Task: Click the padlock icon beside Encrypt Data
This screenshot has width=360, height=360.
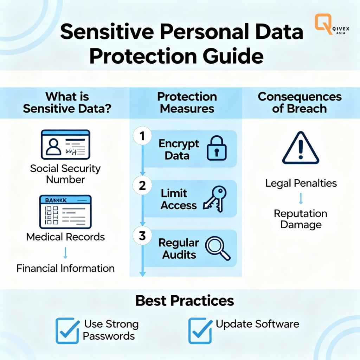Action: pos(216,149)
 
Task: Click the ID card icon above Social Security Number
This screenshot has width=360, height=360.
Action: pos(65,144)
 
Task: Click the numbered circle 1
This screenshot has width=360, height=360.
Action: pos(142,137)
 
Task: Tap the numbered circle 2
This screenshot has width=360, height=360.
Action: pos(142,186)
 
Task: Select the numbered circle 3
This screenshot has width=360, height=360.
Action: pos(142,236)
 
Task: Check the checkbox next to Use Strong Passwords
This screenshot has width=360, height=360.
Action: pos(67,330)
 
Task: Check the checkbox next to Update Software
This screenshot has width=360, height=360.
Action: pos(200,330)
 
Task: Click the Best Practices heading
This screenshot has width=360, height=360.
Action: pos(185,301)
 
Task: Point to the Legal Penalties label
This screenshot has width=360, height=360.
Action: pos(301,183)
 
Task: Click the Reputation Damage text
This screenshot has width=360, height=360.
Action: pos(301,219)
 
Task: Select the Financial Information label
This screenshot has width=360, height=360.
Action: pos(65,269)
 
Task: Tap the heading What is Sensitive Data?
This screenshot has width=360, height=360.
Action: pos(67,102)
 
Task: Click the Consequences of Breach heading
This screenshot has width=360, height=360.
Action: pos(300,102)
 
